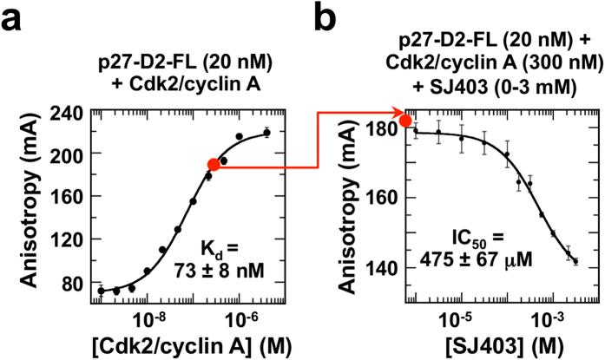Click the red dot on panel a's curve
click(214, 165)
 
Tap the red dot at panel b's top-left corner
click(405, 121)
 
